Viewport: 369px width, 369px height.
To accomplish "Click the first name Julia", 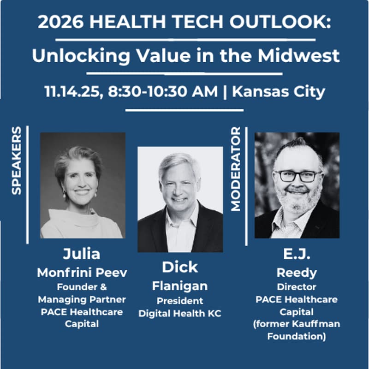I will click(x=81, y=254).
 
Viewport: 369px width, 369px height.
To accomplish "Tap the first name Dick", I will click(x=179, y=267).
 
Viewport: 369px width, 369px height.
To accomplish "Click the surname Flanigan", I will click(x=179, y=286).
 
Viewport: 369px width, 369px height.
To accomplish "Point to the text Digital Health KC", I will click(x=179, y=314).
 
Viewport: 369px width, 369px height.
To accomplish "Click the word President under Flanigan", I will click(x=179, y=301).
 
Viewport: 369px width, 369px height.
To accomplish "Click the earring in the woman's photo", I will click(x=65, y=194).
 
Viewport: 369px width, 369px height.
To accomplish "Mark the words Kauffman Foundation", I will click(x=297, y=330).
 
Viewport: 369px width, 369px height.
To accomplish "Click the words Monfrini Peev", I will click(x=82, y=272).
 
